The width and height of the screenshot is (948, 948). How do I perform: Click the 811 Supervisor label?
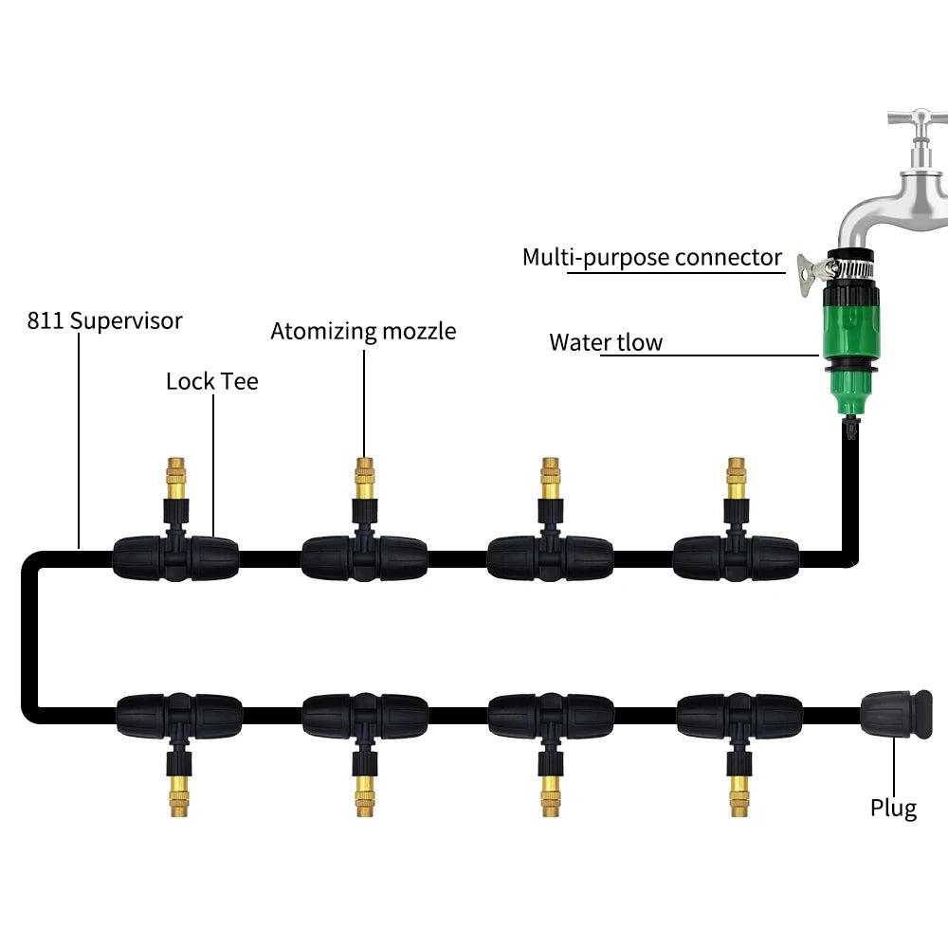(104, 320)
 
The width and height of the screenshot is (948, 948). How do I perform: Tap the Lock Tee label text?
(211, 381)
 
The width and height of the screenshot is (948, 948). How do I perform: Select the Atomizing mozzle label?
(363, 331)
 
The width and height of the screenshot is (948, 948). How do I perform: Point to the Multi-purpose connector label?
(652, 257)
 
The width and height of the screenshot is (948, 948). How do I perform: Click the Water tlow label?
(606, 342)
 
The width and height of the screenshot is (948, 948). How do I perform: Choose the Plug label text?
(894, 808)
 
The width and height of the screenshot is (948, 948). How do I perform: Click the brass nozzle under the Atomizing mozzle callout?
(364, 480)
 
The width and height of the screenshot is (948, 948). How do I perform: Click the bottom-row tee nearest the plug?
(739, 713)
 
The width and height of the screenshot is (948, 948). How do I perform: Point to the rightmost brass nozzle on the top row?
(736, 478)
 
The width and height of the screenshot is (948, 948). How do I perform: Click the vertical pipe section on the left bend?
(29, 635)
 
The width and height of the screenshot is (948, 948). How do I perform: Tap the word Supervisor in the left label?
(126, 320)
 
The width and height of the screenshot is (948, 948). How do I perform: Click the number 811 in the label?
(46, 320)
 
